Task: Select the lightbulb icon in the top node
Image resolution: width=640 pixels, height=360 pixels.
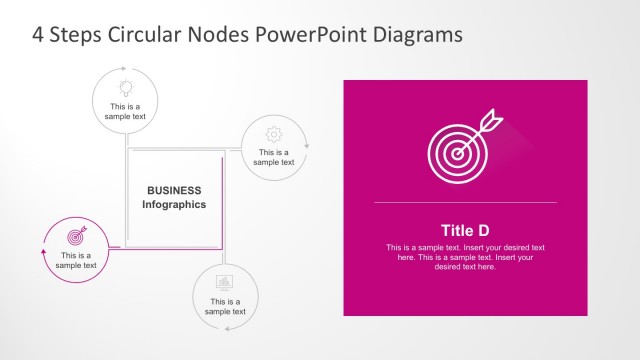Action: coord(126,87)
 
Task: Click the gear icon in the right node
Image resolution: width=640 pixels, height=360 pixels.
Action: coord(273,134)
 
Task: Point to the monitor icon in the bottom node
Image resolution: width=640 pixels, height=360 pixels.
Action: coord(225,282)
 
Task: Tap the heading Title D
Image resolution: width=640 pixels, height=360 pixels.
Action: coord(465,229)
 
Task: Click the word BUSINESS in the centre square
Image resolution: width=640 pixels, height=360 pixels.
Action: coord(174,190)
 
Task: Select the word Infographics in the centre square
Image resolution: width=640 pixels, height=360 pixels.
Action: coord(174,204)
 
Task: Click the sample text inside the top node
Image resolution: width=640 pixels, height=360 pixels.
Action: coord(126,111)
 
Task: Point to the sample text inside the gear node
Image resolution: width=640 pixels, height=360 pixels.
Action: coord(273,157)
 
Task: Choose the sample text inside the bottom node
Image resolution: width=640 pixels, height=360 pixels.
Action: coord(225,306)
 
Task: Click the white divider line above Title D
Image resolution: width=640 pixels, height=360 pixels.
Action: coord(465,203)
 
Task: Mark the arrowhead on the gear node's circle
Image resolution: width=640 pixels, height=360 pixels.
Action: coord(307,146)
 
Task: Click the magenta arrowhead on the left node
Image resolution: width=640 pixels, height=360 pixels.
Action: coord(43,252)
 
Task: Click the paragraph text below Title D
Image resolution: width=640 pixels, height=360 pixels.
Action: coord(465,257)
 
